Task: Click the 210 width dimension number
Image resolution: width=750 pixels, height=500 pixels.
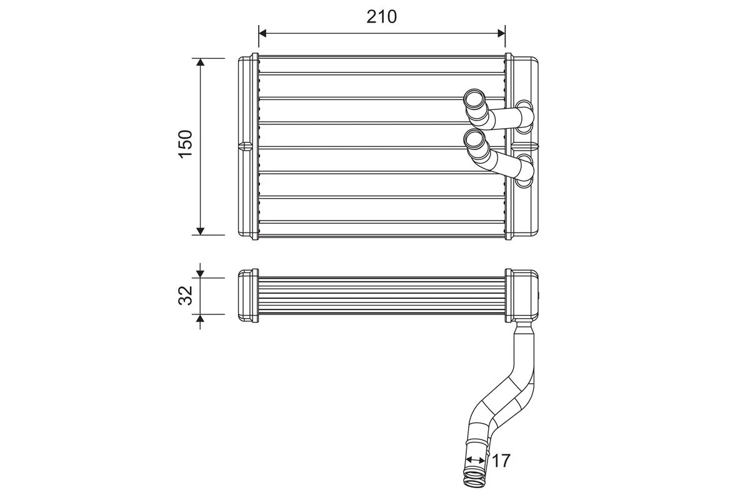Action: (x=381, y=17)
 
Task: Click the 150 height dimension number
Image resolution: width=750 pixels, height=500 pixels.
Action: (x=186, y=144)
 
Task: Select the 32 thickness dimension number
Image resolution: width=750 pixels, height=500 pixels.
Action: (x=186, y=296)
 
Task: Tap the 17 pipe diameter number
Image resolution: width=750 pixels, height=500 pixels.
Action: (x=501, y=461)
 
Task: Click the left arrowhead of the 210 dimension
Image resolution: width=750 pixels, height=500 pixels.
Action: (x=263, y=32)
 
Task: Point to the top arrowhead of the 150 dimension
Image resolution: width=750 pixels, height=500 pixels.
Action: (x=200, y=62)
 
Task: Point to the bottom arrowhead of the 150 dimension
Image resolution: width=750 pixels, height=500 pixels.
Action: (x=200, y=231)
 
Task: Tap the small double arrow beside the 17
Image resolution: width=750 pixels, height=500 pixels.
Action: (x=476, y=460)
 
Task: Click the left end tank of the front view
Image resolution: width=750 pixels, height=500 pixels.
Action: (x=248, y=147)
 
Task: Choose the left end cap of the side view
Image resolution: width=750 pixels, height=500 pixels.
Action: (x=248, y=296)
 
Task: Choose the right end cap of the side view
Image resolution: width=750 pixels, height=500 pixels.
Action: (x=521, y=296)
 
